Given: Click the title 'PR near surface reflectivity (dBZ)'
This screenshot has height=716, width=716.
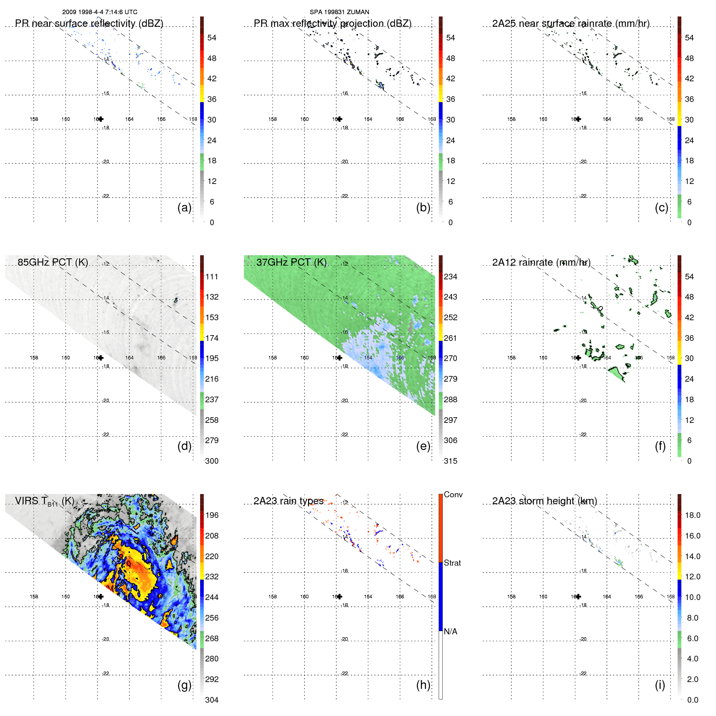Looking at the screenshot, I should (89, 23).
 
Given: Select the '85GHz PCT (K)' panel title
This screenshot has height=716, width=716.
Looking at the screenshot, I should (53, 262).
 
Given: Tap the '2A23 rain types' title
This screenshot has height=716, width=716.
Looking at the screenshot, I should (288, 501).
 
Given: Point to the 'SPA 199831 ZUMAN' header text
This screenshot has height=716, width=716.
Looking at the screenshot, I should (339, 12).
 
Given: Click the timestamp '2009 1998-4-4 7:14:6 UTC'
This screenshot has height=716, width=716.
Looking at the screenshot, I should (99, 12).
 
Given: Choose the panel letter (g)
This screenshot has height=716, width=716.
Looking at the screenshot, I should (184, 685).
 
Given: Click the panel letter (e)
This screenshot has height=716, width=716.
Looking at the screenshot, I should (423, 446).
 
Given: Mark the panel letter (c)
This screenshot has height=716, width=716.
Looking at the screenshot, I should (661, 207).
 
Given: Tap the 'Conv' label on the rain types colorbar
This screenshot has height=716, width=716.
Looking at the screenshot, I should (453, 494).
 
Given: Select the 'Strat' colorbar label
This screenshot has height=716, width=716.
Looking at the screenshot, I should (452, 563).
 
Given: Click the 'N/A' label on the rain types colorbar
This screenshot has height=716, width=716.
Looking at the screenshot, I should (450, 632).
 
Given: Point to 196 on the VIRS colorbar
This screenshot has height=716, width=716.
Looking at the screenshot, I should (212, 515).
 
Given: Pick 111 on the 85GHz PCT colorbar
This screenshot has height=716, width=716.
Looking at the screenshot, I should (212, 277).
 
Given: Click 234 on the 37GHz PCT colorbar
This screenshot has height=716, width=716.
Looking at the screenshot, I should (450, 277).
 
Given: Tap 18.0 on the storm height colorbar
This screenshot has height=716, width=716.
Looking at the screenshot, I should (692, 515).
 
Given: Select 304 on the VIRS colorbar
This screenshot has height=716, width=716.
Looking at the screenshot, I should (212, 700).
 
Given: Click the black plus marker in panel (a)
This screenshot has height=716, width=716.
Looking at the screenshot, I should (101, 119).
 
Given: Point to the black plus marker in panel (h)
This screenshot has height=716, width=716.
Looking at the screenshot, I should (340, 596).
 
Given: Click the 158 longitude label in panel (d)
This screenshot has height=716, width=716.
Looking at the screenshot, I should (34, 358).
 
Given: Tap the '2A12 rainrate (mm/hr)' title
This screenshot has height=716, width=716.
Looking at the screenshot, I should (541, 262).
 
